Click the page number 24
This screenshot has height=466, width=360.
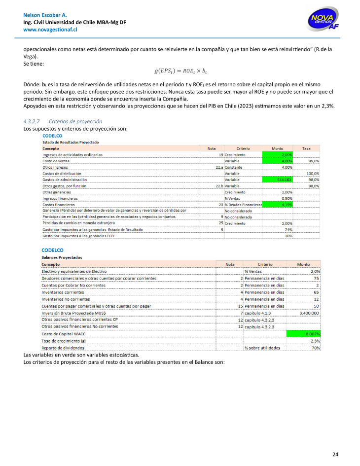[x=335, y=454]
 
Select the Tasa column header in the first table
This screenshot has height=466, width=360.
[x=306, y=148]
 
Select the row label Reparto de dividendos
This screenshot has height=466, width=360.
[x=63, y=348]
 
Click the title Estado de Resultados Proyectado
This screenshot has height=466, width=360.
[x=71, y=142]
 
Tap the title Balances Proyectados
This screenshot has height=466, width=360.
[x=62, y=257]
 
